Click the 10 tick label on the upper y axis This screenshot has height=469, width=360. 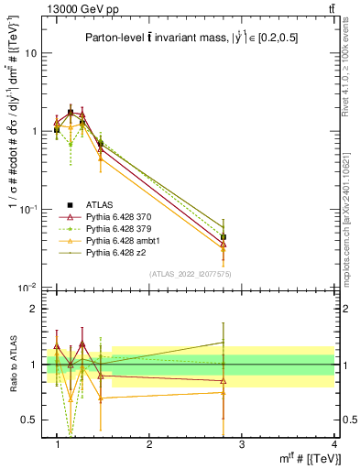tap(30, 53)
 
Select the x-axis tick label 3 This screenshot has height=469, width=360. tap(242, 444)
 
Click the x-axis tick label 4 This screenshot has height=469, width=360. tap(334, 444)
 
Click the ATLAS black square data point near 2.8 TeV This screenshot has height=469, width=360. tap(224, 237)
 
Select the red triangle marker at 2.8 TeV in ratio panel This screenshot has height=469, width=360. tap(224, 381)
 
